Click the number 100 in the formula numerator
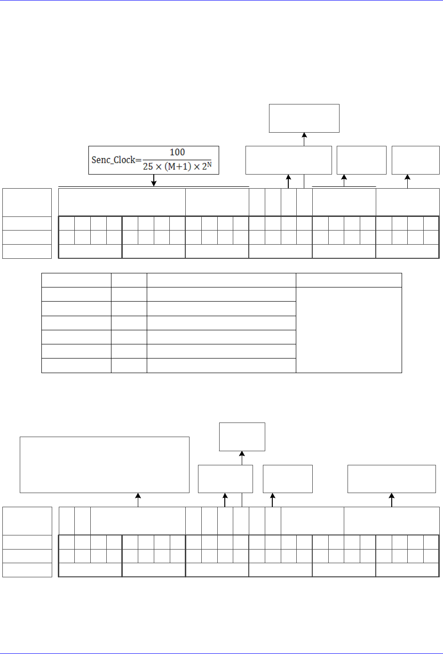(177, 152)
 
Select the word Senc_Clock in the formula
(113, 160)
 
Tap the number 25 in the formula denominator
(148, 167)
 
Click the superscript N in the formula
(211, 164)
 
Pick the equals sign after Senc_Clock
(138, 160)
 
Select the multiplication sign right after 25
(158, 167)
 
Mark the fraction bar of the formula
(177, 160)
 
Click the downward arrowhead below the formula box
(154, 183)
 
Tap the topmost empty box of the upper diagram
(304, 118)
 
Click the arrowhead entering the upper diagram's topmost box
(304, 136)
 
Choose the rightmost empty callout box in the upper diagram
(415, 160)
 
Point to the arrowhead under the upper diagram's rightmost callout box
(408, 177)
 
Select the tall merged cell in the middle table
(348, 330)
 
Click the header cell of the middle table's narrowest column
(129, 280)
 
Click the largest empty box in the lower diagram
(104, 465)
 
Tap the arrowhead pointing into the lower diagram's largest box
(138, 496)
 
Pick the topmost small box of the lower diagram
(242, 437)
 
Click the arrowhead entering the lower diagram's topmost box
(242, 454)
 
